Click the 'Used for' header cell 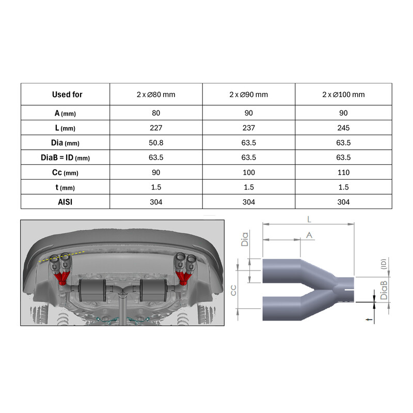[67, 94]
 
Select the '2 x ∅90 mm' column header [248, 94]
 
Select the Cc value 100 [248, 172]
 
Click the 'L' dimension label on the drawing [309, 219]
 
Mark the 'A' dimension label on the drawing [309, 234]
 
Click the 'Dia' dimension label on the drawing [246, 238]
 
